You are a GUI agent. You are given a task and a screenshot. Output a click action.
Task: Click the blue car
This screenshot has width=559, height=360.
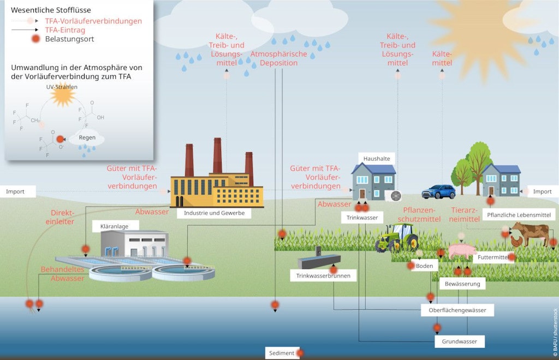438,192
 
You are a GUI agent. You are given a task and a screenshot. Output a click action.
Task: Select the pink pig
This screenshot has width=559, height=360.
461,251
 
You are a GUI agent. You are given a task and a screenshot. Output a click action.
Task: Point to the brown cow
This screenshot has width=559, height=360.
530,233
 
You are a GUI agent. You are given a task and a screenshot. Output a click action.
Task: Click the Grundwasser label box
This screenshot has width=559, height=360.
459,341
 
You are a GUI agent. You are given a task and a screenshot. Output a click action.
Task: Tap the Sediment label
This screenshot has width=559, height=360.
282,353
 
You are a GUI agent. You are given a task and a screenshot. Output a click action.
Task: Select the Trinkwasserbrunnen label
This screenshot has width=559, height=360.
323,276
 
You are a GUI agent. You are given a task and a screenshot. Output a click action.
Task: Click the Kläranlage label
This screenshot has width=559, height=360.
113,226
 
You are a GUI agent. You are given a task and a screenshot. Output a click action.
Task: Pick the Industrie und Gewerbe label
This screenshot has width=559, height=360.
214,213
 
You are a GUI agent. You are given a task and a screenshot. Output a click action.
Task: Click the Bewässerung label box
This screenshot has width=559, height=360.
462,284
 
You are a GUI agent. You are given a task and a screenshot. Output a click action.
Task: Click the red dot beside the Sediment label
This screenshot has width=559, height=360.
300,353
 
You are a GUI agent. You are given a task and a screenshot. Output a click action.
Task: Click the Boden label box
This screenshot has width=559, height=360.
425,266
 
